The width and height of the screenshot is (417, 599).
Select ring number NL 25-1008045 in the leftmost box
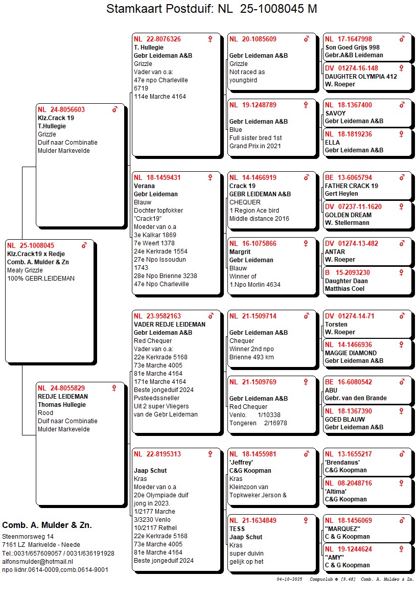(x=31, y=246)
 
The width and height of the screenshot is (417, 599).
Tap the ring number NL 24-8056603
(x=61, y=109)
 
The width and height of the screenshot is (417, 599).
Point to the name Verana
(x=144, y=186)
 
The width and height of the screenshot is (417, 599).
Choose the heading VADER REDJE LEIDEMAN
(x=170, y=325)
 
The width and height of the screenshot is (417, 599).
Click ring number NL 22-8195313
(x=157, y=454)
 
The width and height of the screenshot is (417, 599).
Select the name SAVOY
(x=335, y=113)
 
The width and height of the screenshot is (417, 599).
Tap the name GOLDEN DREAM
(x=348, y=215)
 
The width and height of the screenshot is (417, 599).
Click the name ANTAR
(x=335, y=252)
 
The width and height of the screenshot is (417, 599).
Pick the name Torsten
(x=336, y=325)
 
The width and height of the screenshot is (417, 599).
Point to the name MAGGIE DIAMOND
(x=351, y=353)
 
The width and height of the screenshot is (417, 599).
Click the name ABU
(x=331, y=390)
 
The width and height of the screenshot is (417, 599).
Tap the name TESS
(x=237, y=529)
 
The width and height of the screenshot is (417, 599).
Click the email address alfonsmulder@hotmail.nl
(x=38, y=561)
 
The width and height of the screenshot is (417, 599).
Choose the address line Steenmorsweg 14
(x=28, y=537)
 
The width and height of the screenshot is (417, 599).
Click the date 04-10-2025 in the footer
(x=290, y=579)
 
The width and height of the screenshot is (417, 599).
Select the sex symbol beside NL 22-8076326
(x=210, y=39)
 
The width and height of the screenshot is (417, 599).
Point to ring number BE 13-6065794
(x=349, y=178)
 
